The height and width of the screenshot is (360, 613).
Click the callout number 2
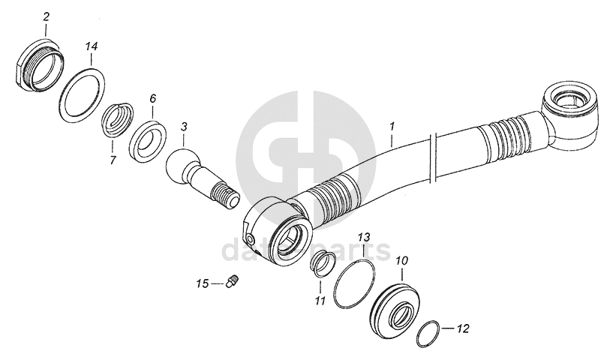pos(47,16)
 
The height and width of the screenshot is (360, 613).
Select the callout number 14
pos(91,46)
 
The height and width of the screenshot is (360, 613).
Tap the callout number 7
pos(113,160)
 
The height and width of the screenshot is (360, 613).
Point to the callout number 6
pos(152,98)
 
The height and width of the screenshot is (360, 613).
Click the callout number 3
pos(184,129)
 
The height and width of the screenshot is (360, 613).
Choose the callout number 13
pos(363,237)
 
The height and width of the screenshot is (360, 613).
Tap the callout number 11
pos(319,301)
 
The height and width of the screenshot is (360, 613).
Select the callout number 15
pos(203,283)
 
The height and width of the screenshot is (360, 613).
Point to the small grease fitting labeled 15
pos(232,282)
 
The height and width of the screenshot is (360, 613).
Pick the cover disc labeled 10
pos(393,307)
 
